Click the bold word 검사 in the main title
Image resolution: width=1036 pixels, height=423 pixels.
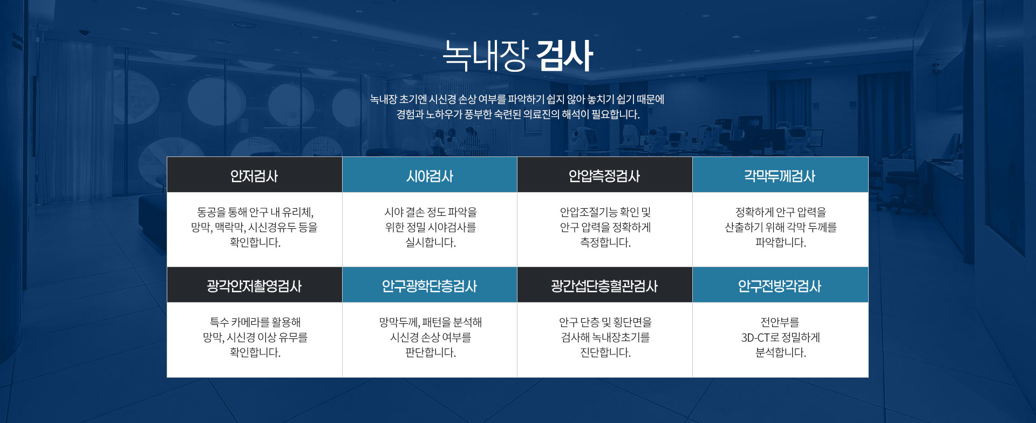click(x=564, y=56)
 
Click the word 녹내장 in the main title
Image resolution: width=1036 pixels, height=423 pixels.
click(x=484, y=56)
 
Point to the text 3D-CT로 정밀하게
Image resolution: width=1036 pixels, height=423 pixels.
click(x=780, y=338)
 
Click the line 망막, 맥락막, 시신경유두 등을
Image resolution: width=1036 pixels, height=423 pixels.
click(x=254, y=228)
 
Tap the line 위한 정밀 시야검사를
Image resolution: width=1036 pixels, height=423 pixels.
click(x=431, y=228)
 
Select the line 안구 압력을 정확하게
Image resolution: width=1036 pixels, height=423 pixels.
click(x=605, y=228)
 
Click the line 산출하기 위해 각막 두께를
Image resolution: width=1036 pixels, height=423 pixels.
click(x=780, y=228)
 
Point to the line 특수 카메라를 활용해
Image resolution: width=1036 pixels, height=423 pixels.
click(x=255, y=322)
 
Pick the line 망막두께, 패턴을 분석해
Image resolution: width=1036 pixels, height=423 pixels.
click(x=431, y=322)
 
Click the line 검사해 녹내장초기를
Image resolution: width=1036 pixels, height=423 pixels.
click(x=605, y=338)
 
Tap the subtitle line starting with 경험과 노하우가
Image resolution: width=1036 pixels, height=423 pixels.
click(x=518, y=114)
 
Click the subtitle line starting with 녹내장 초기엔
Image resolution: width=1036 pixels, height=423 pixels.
click(x=517, y=99)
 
